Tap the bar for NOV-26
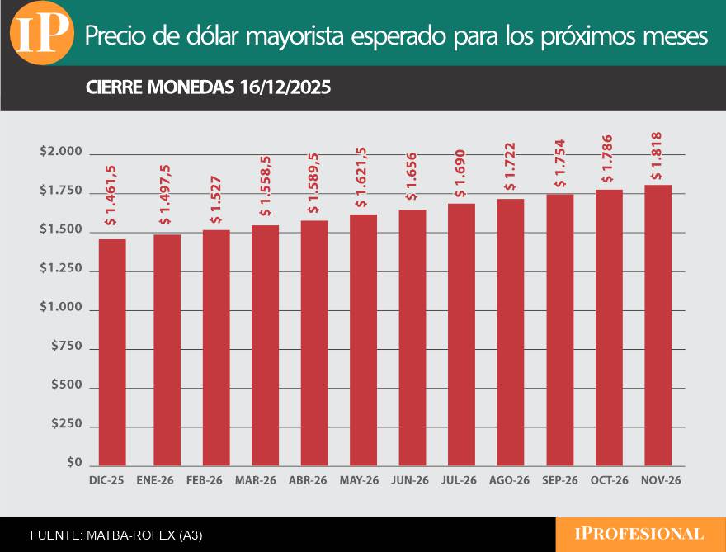[658, 325]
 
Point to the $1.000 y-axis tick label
[61, 308]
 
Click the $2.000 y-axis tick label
[61, 152]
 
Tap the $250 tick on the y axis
[66, 424]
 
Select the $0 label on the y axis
[73, 464]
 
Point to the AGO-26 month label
[509, 480]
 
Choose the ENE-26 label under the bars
[155, 480]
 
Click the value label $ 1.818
[658, 156]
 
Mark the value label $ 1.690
[460, 175]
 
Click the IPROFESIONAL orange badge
[639, 534]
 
